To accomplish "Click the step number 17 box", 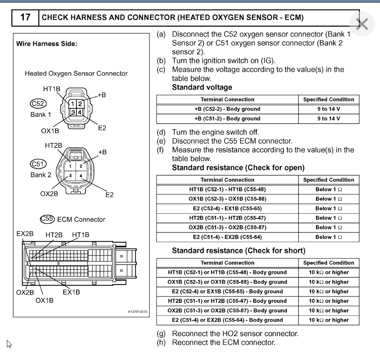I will pos(26,18).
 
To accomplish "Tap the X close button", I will pos(362,24).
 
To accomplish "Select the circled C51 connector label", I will pos(38,164).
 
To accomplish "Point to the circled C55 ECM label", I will pos(47,219).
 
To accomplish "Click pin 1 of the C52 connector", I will pos(73,104).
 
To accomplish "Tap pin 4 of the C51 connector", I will pos(80,176).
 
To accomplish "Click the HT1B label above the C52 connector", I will pos(52,89).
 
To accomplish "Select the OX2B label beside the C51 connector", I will pos(49,193).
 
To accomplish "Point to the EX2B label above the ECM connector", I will pos(25,235).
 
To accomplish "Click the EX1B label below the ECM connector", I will pos(71,292).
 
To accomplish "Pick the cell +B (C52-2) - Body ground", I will pos(227,109).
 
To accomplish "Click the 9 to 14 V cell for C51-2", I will pos(328,119).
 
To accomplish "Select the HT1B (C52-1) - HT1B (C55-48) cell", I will pos(227,189).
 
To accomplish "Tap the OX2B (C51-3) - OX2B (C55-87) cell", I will pos(227,227).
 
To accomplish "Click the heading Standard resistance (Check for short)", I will pos(238,250).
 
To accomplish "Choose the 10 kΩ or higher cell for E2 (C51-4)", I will pos(328,320).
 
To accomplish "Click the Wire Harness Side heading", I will pos(47,44).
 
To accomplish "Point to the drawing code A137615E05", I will pos(137,312).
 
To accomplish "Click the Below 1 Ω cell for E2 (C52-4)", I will pos(328,209).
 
